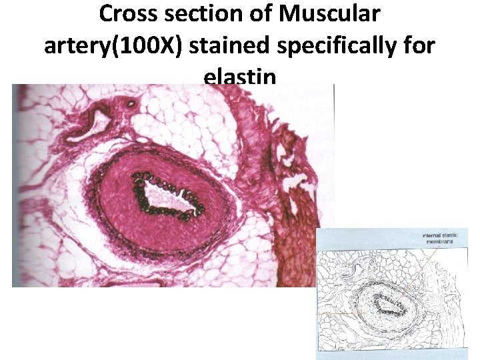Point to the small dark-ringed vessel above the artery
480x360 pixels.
pyautogui.click(x=130, y=103)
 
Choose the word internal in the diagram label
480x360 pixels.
pyautogui.click(x=433, y=236)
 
